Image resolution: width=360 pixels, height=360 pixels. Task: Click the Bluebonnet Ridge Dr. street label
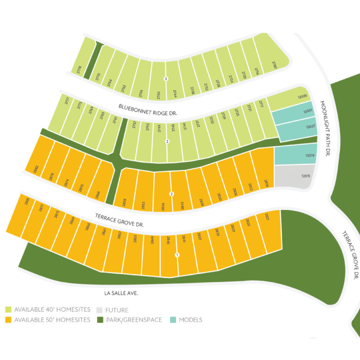pos(148,109)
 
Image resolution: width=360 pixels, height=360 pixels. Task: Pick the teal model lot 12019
pos(295,156)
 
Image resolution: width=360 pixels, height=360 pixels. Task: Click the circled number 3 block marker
pos(166,79)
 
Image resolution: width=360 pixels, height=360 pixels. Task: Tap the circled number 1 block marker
pos(176,255)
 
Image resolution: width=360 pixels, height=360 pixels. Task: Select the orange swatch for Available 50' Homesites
pos(8,320)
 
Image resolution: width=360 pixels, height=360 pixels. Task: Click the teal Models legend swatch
pos(173,320)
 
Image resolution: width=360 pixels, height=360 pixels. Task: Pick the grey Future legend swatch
pos(100,310)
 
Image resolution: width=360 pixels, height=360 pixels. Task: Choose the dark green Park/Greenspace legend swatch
pos(100,320)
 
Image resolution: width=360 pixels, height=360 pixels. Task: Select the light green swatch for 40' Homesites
pos(8,310)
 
